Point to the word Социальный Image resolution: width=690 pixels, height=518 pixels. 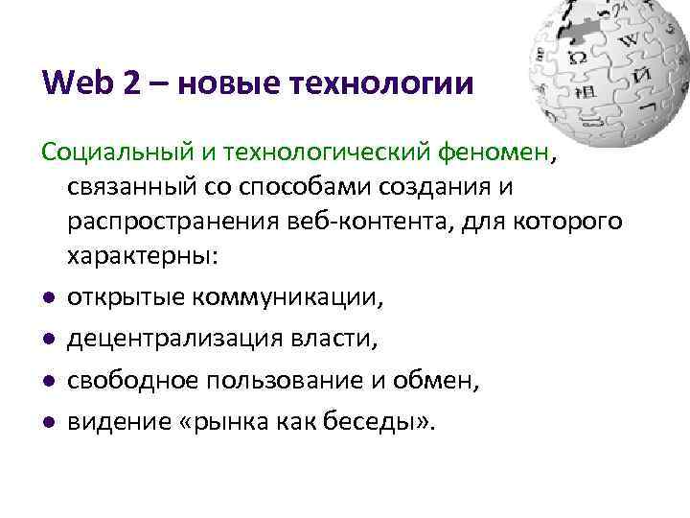[x=105, y=152]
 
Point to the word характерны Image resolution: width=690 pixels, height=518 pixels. [x=140, y=258]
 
